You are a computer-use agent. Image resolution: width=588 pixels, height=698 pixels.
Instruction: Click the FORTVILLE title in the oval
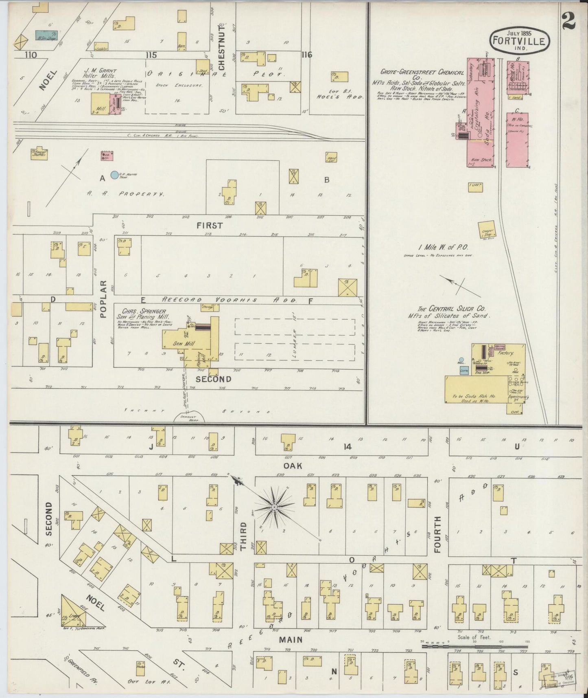pyautogui.click(x=520, y=41)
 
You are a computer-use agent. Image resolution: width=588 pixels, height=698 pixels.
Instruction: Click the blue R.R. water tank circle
pyautogui.click(x=115, y=175)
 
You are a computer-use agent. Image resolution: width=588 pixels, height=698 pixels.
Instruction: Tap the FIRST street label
pyautogui.click(x=210, y=225)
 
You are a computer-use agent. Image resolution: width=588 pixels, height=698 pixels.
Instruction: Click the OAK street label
pyautogui.click(x=293, y=465)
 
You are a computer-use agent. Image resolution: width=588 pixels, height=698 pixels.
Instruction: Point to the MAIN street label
pyautogui.click(x=291, y=639)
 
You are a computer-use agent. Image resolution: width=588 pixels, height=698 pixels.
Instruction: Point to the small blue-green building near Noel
pyautogui.click(x=46, y=35)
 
